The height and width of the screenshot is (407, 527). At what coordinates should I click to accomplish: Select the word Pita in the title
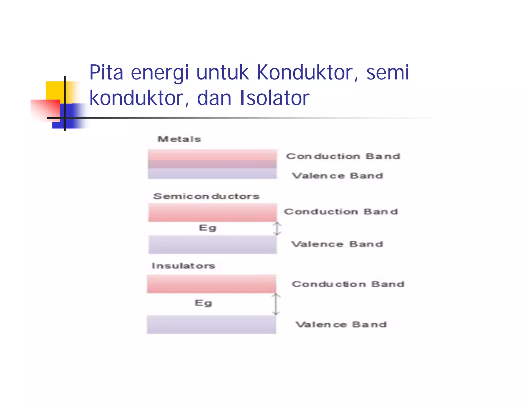point(106,73)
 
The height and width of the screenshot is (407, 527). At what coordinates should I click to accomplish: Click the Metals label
point(179,139)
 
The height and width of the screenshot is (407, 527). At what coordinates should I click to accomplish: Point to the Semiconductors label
point(206,196)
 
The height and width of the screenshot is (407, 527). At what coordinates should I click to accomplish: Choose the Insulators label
point(183,266)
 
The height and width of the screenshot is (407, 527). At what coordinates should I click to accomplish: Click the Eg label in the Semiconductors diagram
point(207,228)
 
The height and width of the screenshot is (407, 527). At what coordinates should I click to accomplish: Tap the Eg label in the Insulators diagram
point(203,303)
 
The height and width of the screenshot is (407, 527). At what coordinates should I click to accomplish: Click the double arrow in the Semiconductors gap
point(277,229)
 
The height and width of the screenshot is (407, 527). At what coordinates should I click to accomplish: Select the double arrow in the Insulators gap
point(276,304)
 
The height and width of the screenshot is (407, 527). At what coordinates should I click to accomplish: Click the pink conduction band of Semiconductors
point(213,213)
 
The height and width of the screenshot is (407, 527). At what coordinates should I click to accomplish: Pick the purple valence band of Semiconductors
point(213,244)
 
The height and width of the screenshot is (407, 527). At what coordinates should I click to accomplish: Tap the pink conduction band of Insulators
point(211,284)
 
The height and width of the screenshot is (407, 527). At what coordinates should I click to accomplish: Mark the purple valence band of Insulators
point(211,325)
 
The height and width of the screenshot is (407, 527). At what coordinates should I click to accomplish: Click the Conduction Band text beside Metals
point(343,156)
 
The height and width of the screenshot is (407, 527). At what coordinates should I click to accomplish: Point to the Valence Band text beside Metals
point(338,176)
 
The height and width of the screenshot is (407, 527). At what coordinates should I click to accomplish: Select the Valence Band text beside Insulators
point(341,325)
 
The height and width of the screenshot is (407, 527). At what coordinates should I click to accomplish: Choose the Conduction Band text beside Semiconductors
point(341,212)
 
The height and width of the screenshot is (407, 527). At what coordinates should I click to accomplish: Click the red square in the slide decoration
point(45,110)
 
